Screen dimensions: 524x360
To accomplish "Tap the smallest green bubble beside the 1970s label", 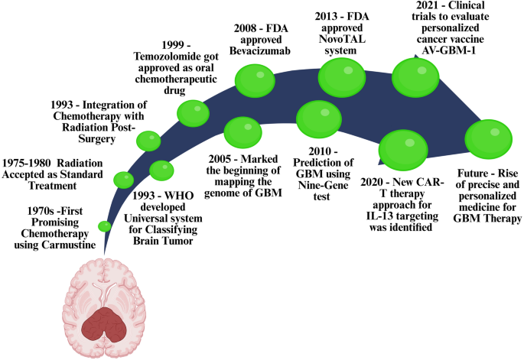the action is click(105, 226).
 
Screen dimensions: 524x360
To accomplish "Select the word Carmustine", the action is click(69, 245).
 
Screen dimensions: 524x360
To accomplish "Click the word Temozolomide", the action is click(162, 56).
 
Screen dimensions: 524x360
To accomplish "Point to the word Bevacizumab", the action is click(259, 51).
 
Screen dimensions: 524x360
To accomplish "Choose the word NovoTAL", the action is click(342, 39).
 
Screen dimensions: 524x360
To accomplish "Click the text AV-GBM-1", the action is click(448, 50).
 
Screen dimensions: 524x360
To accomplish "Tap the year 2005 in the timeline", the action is click(220, 159).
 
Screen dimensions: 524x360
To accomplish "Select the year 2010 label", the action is click(320, 151).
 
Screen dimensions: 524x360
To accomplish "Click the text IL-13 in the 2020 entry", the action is click(378, 216).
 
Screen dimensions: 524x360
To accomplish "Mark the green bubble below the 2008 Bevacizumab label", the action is click(255, 80).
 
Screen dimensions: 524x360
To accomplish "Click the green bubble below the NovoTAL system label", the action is click(342, 77).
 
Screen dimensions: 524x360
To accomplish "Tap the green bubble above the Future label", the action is click(488, 139).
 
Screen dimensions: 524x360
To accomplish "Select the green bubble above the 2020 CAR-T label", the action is click(403, 151).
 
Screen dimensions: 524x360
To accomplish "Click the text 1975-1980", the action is click(27, 163).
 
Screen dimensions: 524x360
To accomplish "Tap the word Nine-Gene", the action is click(323, 185).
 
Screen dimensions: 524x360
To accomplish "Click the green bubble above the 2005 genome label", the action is click(242, 132).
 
